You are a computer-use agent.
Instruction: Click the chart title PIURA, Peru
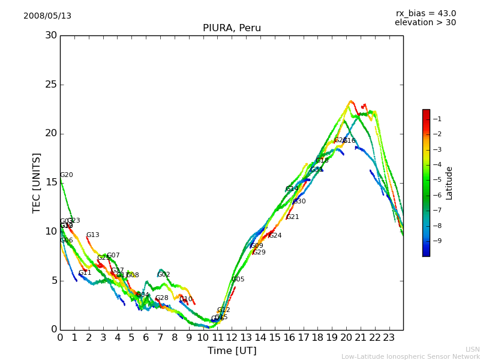[x=232, y=28]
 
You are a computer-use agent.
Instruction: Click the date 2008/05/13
[x=47, y=16]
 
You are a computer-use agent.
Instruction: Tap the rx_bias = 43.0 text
[x=425, y=14]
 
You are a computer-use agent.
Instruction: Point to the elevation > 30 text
[x=425, y=23]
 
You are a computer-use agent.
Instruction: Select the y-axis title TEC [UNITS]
[x=37, y=182]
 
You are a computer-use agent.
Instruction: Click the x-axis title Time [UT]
[x=232, y=351]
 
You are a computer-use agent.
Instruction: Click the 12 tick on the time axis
[x=232, y=338]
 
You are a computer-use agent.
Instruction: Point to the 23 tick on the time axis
[x=389, y=338]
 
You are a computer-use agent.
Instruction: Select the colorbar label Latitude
[x=449, y=183]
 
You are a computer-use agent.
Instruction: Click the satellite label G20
[x=67, y=175]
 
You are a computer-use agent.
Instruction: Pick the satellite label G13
[x=93, y=235]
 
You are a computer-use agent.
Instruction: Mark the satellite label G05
[x=238, y=280]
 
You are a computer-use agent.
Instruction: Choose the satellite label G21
[x=293, y=217]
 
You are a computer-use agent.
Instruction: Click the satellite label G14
[x=292, y=189]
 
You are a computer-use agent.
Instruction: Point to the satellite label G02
[x=164, y=275]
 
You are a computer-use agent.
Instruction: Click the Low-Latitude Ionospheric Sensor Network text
[x=410, y=357]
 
